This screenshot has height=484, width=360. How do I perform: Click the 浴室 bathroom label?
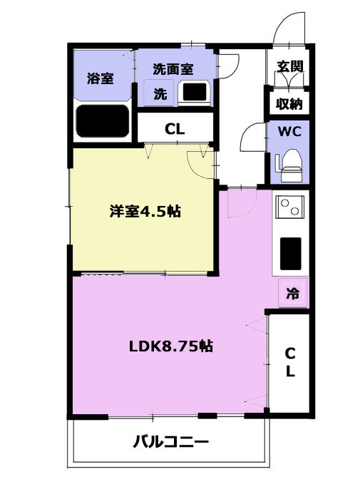(100, 78)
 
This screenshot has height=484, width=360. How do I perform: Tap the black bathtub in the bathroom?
(102, 121)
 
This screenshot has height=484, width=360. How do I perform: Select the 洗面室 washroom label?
(173, 69)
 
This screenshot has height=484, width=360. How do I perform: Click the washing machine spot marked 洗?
(160, 93)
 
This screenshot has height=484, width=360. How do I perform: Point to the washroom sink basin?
(195, 92)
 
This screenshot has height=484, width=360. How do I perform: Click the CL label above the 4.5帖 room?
(175, 129)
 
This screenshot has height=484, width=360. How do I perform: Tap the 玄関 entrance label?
(289, 66)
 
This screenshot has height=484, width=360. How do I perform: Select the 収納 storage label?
(289, 104)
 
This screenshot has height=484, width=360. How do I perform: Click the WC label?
(289, 132)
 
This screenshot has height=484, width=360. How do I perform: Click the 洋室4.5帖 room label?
(145, 212)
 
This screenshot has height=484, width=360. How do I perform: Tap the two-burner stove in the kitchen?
(289, 207)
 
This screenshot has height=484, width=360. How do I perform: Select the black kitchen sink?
(291, 254)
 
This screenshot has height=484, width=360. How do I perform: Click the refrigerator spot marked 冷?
(292, 293)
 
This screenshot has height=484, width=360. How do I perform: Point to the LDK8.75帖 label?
(171, 346)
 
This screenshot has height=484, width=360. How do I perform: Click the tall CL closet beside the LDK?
(289, 363)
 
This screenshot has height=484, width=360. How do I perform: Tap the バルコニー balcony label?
(171, 442)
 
